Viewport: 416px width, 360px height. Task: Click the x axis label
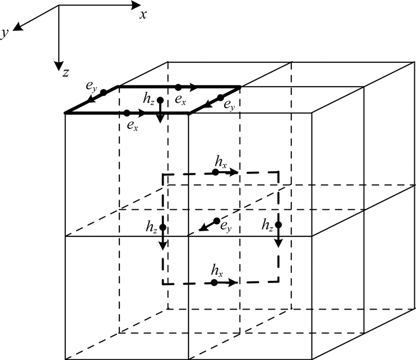point(143,15)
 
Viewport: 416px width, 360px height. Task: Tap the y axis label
point(5,35)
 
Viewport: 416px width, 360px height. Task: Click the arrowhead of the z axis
point(58,66)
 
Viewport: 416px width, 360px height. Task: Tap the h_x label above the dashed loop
point(220,161)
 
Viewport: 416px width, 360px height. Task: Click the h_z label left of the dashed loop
point(151,226)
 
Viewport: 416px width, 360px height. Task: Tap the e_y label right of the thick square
point(228,105)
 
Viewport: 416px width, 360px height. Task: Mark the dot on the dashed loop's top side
point(215,172)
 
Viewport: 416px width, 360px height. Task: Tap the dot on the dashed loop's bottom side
point(213,283)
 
